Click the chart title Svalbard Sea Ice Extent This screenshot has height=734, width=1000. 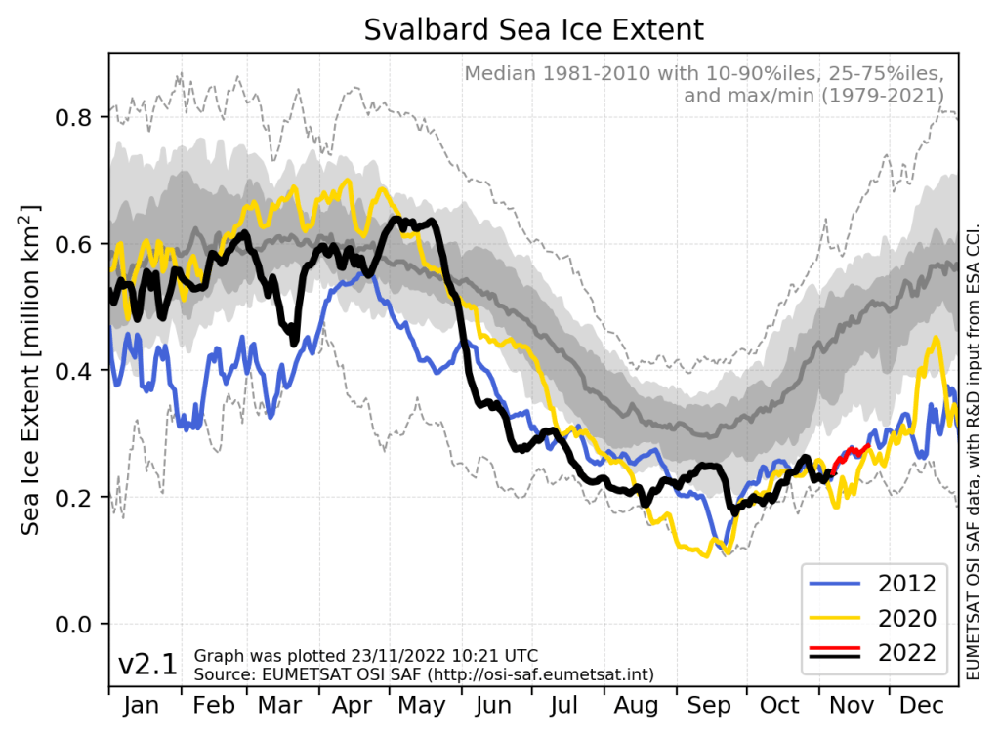click(x=533, y=29)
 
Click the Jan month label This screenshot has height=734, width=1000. click(x=144, y=706)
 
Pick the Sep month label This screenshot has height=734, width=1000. click(x=710, y=706)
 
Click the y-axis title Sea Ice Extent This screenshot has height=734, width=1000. click(x=31, y=370)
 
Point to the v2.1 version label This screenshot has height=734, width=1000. click(x=147, y=665)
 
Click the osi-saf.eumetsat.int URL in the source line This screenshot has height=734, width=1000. click(x=550, y=674)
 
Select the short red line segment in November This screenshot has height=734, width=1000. click(x=852, y=450)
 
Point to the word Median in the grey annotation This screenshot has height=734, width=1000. click(x=499, y=74)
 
